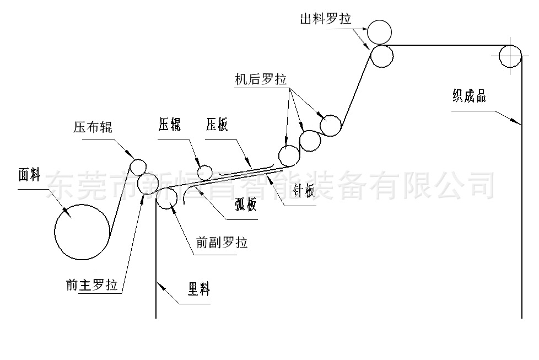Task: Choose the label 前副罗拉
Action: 222,242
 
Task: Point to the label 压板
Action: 217,125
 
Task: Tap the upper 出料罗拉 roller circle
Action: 380,31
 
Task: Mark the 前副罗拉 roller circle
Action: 166,199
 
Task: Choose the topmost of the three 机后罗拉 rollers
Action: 331,126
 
